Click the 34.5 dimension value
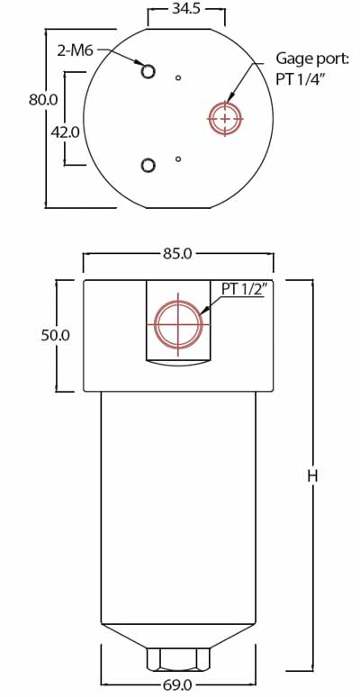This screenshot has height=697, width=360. click(186, 10)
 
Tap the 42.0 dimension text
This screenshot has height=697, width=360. click(65, 131)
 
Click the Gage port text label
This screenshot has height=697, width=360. click(311, 60)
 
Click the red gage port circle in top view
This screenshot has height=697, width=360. click(225, 118)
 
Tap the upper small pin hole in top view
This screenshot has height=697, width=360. click(179, 78)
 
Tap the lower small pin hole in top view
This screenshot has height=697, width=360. click(179, 159)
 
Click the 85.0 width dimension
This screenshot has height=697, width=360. click(177, 254)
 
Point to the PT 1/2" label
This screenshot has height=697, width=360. click(243, 289)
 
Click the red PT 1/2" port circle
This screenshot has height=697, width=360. click(178, 324)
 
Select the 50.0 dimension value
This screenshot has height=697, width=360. click(56, 335)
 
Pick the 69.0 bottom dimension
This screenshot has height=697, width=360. click(177, 685)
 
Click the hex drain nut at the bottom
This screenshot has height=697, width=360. click(178, 658)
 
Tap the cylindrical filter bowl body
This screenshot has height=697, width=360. click(178, 504)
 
